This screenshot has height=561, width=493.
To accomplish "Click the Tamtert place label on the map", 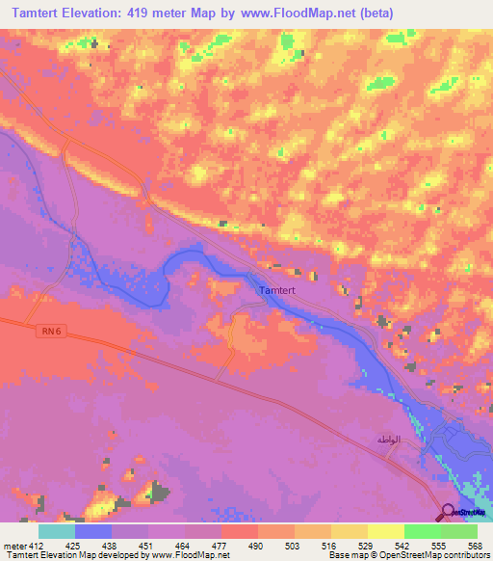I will [279, 289].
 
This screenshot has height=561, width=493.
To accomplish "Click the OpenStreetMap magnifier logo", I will [449, 512].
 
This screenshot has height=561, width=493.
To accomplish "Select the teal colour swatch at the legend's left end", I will [57, 531].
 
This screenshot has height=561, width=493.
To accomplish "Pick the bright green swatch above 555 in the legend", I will [423, 531].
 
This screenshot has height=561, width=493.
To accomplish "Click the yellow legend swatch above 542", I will [386, 531].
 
